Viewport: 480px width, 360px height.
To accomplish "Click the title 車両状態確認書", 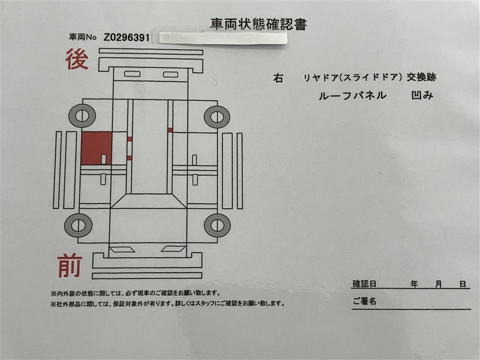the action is pyautogui.click(x=259, y=25).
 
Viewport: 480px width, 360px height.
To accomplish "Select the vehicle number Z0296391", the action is pyautogui.click(x=127, y=38).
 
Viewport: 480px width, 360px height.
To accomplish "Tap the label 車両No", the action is pyautogui.click(x=83, y=37).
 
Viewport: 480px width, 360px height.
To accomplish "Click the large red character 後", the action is pyautogui.click(x=77, y=59).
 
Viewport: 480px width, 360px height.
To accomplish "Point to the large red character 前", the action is pyautogui.click(x=70, y=266).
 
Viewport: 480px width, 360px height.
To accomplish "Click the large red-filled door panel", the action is pyautogui.click(x=97, y=148).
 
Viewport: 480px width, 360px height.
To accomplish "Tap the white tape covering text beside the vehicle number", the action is pyautogui.click(x=223, y=38).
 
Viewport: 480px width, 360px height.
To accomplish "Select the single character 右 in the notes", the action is pyautogui.click(x=278, y=79).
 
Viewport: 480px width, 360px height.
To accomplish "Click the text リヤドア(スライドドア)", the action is pyautogui.click(x=352, y=78).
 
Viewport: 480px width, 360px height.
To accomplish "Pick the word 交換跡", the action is pyautogui.click(x=421, y=77).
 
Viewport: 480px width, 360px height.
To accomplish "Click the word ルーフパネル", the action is pyautogui.click(x=352, y=96).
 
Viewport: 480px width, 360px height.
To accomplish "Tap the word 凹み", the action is pyautogui.click(x=422, y=95).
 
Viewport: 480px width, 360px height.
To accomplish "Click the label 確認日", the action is pyautogui.click(x=364, y=284).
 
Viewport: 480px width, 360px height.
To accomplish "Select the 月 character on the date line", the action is pyautogui.click(x=439, y=284).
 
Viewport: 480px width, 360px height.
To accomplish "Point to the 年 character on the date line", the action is pyautogui.click(x=414, y=284).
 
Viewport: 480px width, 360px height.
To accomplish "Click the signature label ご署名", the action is pyautogui.click(x=364, y=301).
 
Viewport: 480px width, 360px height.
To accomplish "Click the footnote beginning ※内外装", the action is pyautogui.click(x=136, y=293).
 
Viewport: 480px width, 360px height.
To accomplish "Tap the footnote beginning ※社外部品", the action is pyautogui.click(x=168, y=304).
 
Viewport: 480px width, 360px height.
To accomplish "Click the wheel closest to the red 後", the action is pyautogui.click(x=82, y=116).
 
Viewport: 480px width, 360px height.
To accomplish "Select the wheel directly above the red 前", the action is pyautogui.click(x=79, y=226).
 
